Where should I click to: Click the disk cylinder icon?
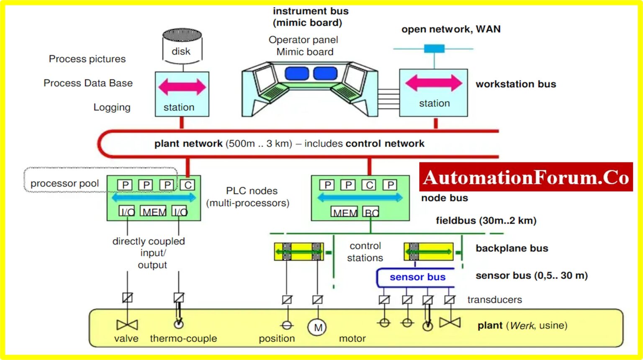[x=182, y=46]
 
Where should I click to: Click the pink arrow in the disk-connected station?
[x=182, y=87]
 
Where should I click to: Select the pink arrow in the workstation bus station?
[x=434, y=83]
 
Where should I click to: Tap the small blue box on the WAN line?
[x=434, y=49]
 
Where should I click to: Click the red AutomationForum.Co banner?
[x=526, y=177]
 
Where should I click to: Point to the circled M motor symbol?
[x=317, y=327]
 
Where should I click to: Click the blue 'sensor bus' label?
[x=417, y=277]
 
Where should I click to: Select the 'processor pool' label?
[x=64, y=183]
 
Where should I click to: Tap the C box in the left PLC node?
[x=188, y=185]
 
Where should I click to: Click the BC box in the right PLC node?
[x=371, y=212]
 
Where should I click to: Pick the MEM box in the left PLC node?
[x=154, y=212]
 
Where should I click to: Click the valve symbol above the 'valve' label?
[x=127, y=324]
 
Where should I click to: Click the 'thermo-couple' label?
[x=183, y=338]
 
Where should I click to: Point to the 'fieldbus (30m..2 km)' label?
[x=486, y=221]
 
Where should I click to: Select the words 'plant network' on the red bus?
[x=188, y=144]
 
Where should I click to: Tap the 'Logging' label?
[x=112, y=107]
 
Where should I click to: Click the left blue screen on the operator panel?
[x=296, y=73]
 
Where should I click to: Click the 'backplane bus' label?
[x=512, y=248]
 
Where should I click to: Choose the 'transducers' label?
[x=494, y=300]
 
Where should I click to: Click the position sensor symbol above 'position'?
[x=287, y=325]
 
